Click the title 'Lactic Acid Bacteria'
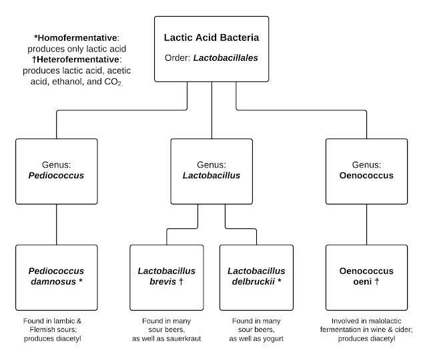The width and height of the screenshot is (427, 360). click(x=211, y=37)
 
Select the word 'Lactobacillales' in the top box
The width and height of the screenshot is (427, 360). click(x=226, y=58)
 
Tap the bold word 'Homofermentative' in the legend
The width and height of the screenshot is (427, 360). click(x=77, y=37)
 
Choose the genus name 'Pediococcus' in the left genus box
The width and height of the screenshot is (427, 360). click(x=56, y=175)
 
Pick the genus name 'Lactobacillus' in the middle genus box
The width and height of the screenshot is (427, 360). click(x=211, y=175)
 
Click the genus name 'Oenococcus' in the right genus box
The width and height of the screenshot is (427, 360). click(x=366, y=175)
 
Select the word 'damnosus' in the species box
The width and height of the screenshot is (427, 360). click(x=53, y=281)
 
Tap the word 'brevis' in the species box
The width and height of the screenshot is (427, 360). click(x=163, y=281)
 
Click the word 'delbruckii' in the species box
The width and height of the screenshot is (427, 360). click(x=254, y=281)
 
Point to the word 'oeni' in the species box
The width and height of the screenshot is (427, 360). click(x=362, y=281)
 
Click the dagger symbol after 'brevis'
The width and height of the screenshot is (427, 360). click(x=181, y=281)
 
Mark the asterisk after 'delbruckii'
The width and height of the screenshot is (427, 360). click(x=279, y=280)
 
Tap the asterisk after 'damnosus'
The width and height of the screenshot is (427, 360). click(x=81, y=280)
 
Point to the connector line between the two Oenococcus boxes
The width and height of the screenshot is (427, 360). click(x=366, y=224)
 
